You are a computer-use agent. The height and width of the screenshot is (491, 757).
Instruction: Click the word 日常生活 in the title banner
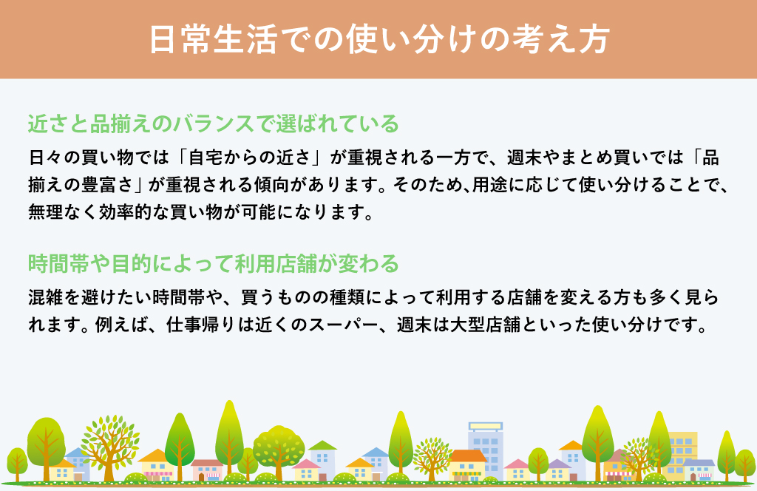point(213,39)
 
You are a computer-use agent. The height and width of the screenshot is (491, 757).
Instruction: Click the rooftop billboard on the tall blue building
point(485,427)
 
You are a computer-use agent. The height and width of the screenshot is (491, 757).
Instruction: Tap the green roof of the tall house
point(322,445)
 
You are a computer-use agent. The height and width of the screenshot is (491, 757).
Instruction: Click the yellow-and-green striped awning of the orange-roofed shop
point(466,473)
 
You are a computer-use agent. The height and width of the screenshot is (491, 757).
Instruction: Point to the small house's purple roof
point(558,464)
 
